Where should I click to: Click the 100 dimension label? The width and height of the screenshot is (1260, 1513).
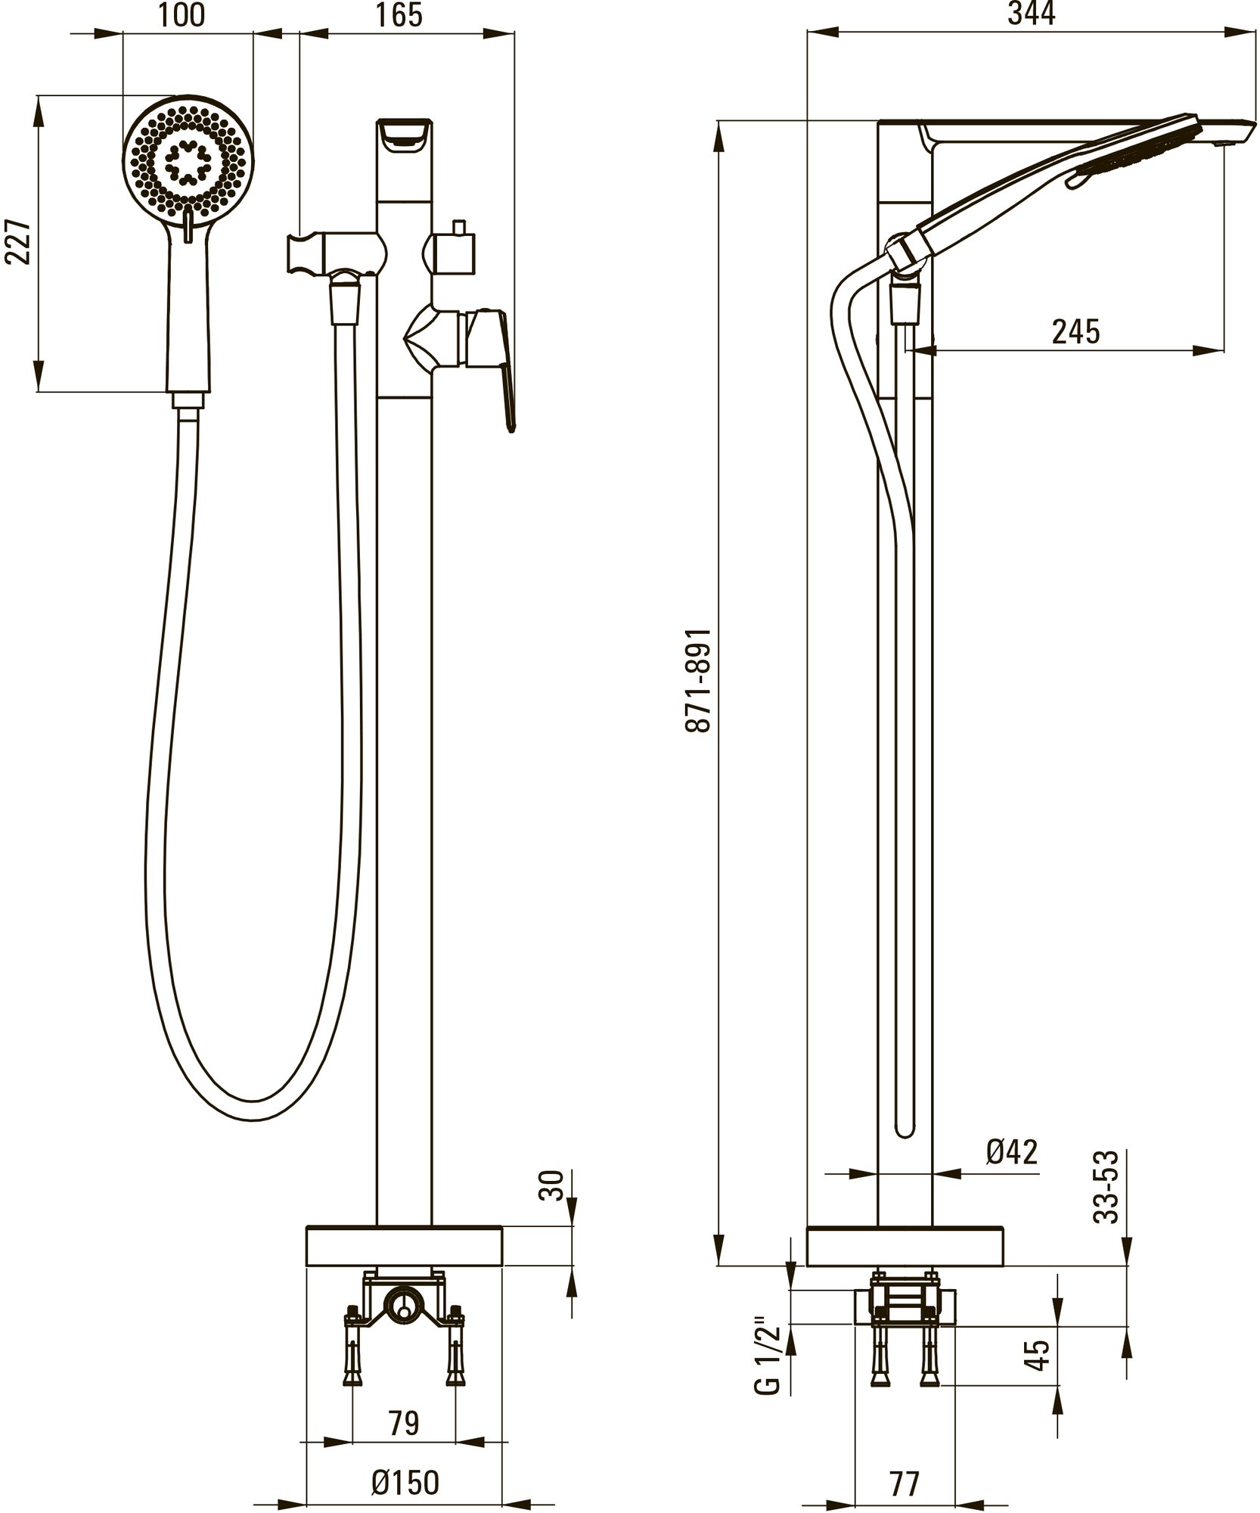(x=182, y=15)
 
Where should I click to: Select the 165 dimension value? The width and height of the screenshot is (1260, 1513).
(x=399, y=15)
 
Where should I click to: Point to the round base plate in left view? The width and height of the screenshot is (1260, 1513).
(x=404, y=1246)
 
